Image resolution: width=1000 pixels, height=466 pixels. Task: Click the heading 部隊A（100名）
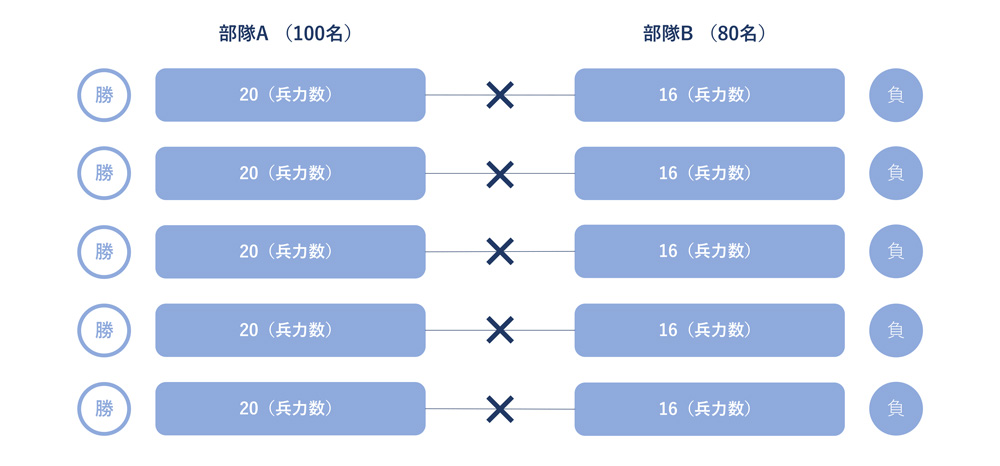coord(286,34)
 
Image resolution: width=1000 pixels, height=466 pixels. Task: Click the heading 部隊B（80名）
coord(705,34)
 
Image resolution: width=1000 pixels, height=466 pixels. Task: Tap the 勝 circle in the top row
coord(104,95)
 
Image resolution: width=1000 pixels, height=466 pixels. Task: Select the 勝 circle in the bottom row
coord(104,409)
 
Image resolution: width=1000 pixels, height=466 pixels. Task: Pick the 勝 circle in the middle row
coord(104,252)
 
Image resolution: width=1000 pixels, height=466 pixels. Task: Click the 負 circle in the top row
coord(896,95)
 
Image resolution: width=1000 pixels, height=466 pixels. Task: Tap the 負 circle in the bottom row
coord(896,409)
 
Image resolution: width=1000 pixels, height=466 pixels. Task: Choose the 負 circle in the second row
coord(896,173)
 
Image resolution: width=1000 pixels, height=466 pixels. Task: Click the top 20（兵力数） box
coord(290,95)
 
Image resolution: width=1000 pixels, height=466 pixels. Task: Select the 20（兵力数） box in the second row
coord(290,173)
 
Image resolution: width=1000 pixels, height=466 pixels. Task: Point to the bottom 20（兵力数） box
coord(290,409)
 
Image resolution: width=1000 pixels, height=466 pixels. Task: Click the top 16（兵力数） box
coord(710,95)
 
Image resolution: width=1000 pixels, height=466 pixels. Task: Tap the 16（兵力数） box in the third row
coord(710,251)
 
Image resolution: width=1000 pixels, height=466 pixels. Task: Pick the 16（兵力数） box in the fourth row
coord(710,330)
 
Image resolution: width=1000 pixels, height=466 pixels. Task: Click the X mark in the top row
coord(500,95)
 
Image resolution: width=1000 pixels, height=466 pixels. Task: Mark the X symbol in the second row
coord(500,174)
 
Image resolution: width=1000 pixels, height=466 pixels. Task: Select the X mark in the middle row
coord(500,251)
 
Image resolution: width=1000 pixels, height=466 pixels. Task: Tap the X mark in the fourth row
coord(500,330)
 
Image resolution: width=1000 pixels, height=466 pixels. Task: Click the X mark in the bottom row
coord(500,409)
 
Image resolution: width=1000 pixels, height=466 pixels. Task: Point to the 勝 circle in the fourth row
coord(104,330)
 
